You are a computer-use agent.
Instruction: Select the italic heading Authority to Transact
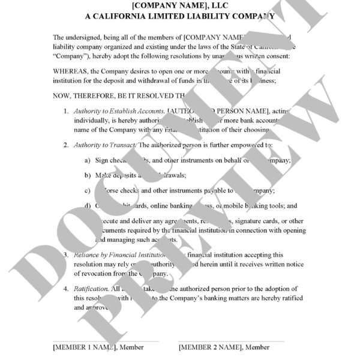click(x=105, y=145)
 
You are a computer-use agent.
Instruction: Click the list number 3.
click(x=66, y=255)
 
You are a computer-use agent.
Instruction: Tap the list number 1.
click(x=66, y=112)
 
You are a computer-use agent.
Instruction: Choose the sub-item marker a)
click(x=87, y=160)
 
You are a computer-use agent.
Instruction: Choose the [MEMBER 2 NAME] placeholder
click(x=209, y=347)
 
